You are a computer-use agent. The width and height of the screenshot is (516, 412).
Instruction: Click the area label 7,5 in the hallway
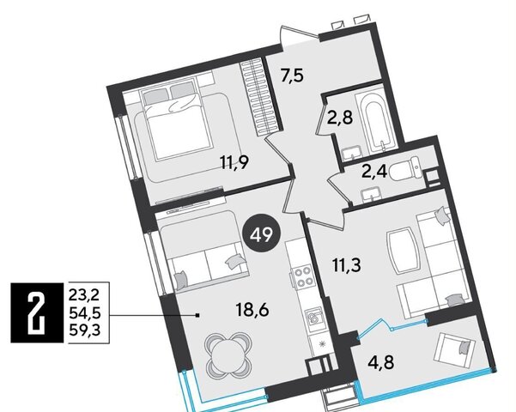coord(292,76)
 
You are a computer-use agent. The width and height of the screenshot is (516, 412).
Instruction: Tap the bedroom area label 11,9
coord(234,162)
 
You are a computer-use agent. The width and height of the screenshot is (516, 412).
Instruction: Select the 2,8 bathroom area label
coord(340,118)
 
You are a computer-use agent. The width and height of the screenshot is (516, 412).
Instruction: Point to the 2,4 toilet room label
coord(374,171)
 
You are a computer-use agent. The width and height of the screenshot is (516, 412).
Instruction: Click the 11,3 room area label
coord(347,265)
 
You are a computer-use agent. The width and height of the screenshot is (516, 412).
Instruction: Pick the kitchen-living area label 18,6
coord(252,310)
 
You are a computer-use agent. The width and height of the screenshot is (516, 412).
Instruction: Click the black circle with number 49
coord(262,235)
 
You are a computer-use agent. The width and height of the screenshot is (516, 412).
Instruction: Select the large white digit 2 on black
coord(37,312)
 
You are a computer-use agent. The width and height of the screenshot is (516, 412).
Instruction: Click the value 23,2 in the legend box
coord(84,295)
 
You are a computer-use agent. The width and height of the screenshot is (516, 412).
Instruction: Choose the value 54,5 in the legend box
coord(85,313)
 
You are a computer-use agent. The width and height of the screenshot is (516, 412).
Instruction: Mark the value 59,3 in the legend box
coord(85,330)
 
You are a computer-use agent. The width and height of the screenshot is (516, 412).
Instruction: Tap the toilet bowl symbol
coord(405,169)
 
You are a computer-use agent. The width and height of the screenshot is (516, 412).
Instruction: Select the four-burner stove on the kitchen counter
coord(303,277)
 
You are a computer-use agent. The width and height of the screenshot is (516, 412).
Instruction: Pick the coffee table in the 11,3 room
coord(404,251)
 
